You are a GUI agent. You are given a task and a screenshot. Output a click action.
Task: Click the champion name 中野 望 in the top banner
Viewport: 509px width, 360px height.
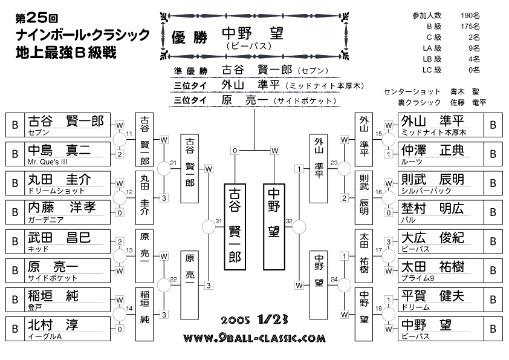(253, 34)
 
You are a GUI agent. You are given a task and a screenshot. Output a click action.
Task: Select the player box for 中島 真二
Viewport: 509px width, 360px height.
(58, 154)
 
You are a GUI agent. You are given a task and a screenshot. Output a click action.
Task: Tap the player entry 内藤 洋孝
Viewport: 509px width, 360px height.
(58, 212)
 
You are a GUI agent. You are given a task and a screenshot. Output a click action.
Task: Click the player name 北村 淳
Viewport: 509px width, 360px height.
(53, 325)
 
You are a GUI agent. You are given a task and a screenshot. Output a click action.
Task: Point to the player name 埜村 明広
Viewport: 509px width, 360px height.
(432, 209)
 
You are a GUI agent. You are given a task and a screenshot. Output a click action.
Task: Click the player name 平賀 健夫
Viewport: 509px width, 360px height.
(433, 296)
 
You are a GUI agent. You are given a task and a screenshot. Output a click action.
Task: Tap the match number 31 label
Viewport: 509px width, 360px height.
(218, 221)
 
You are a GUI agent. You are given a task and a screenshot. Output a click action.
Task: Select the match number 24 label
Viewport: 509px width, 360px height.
(334, 279)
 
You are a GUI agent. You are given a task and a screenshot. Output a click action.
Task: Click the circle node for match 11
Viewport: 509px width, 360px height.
(120, 140)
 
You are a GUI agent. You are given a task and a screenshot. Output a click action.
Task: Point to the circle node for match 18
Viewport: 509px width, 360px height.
(388, 315)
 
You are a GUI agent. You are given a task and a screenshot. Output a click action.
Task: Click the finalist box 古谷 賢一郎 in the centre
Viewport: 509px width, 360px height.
(235, 227)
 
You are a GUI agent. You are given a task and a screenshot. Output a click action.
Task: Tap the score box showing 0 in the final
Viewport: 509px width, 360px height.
(235, 151)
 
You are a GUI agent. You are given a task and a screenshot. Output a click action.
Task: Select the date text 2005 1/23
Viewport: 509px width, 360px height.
(254, 319)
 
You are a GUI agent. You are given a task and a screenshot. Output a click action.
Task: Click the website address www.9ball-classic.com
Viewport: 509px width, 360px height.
(254, 339)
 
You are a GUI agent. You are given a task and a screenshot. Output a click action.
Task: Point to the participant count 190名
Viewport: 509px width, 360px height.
(470, 15)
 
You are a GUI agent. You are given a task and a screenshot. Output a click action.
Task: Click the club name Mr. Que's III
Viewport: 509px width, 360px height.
(47, 162)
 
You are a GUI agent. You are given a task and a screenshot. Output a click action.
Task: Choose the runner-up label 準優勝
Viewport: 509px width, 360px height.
(190, 71)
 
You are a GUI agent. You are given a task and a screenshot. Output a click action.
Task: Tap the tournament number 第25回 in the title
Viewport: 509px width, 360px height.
(37, 18)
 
